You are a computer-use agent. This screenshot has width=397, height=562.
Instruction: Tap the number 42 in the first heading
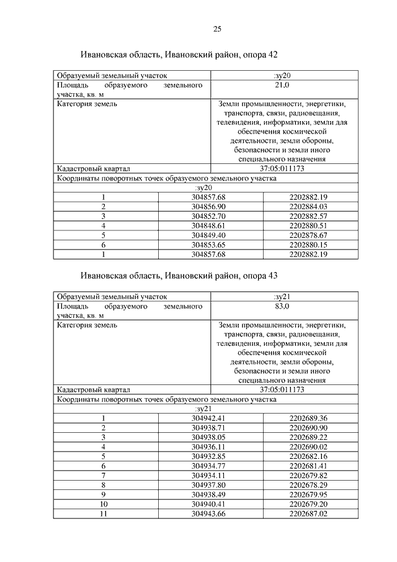[272, 55]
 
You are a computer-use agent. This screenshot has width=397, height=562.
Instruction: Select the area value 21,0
[282, 86]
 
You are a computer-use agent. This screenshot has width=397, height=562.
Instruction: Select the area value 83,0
[282, 306]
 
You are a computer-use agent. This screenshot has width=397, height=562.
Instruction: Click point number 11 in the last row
[104, 514]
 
